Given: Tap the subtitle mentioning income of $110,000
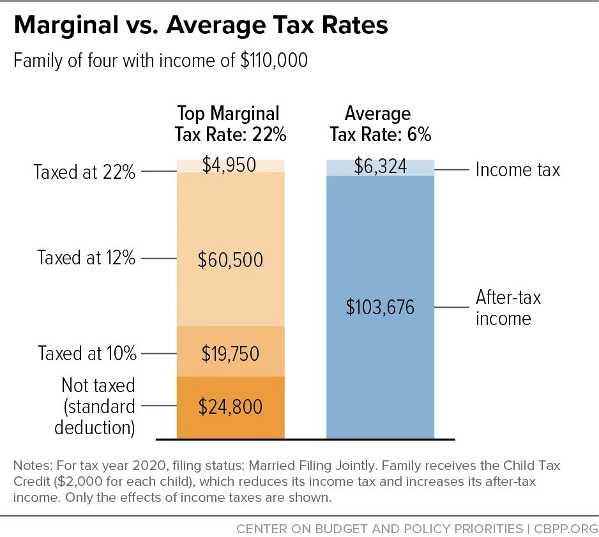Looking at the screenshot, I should [x=160, y=61].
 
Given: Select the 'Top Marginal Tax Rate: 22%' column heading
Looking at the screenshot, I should [x=230, y=124].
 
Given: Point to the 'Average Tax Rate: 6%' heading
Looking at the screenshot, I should [x=379, y=124].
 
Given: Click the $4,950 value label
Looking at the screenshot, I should [x=230, y=165].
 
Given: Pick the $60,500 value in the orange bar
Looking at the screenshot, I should [x=230, y=260].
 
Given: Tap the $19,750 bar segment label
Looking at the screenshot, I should [x=230, y=353].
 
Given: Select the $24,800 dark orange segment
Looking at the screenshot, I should [x=230, y=406].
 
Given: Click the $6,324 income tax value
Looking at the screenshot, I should [x=379, y=168].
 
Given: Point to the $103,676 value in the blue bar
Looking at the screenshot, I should [x=379, y=307].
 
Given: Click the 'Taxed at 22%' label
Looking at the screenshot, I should [x=85, y=172].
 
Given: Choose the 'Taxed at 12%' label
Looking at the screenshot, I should [x=86, y=259].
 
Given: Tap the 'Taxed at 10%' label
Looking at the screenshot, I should [x=86, y=353].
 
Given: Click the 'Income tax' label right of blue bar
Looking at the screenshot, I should [x=517, y=170].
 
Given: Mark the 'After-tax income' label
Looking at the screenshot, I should [x=508, y=308].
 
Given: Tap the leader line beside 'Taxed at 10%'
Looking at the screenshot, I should [x=158, y=353].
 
